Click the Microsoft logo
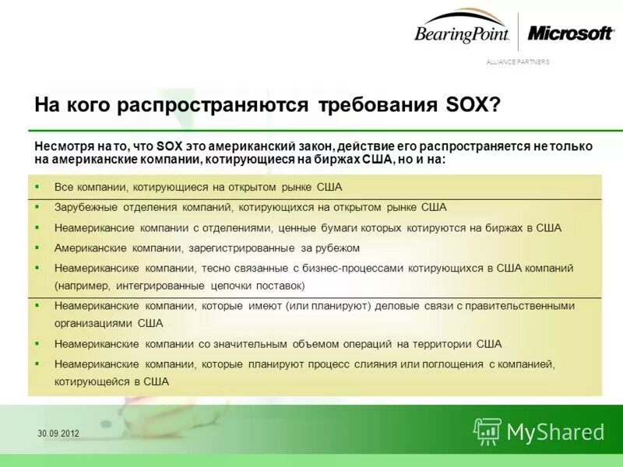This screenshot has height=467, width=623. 571,33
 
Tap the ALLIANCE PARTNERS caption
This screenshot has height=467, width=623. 517,62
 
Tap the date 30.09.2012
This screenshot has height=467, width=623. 58,433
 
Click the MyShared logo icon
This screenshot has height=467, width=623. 487,431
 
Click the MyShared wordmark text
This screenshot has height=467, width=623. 555,432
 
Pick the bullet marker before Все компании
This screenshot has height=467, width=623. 37,188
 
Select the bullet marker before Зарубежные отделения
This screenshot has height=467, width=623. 37,208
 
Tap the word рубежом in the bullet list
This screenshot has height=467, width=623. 337,248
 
